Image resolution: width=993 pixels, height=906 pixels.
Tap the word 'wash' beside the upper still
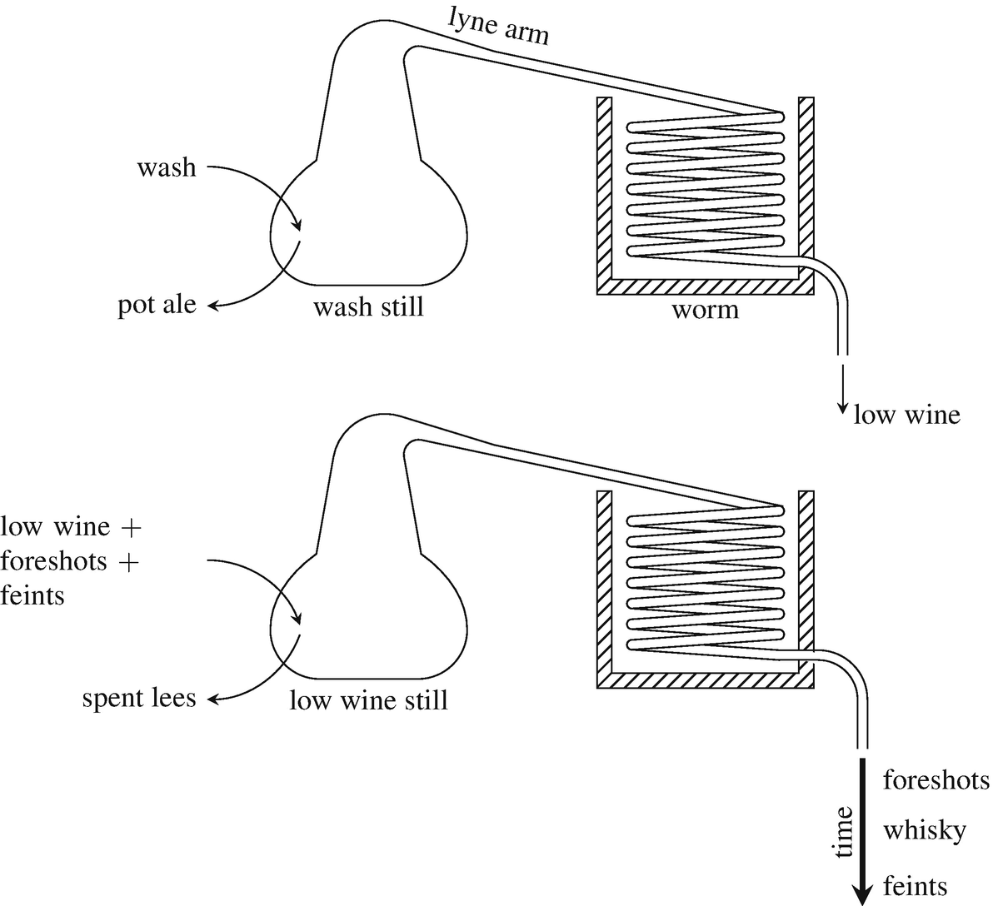(x=167, y=167)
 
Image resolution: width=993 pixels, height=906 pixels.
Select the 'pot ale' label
(x=157, y=305)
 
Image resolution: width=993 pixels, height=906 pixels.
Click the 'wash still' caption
(x=368, y=307)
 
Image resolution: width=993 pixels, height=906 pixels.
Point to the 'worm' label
(x=705, y=310)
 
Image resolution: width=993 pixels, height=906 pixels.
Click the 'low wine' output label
(x=906, y=414)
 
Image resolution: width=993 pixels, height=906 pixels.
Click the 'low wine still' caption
(x=368, y=699)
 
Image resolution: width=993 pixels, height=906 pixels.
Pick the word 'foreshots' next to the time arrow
(x=936, y=780)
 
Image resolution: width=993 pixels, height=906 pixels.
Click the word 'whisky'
(x=925, y=830)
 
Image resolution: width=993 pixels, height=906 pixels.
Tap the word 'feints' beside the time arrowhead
(x=915, y=884)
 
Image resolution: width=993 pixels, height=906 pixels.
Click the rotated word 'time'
(x=844, y=831)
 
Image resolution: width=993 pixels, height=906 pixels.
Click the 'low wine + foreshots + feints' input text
(x=70, y=561)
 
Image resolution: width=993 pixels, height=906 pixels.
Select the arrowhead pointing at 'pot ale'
(x=213, y=306)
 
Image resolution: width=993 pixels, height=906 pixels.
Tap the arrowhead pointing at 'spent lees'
(x=213, y=699)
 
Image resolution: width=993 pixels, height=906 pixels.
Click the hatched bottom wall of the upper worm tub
(x=705, y=286)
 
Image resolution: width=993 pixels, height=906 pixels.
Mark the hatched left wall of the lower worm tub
(x=604, y=583)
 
